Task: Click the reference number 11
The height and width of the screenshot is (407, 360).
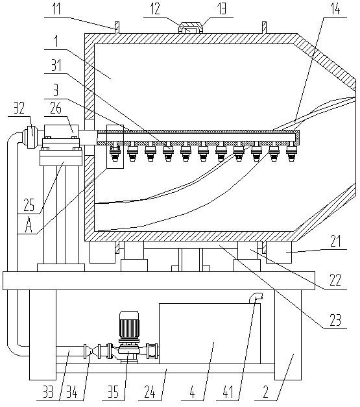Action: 56,8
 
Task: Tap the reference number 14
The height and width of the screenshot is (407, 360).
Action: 335,8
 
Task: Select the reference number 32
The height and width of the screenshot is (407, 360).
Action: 19,108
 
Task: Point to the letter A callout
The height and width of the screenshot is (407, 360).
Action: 29,225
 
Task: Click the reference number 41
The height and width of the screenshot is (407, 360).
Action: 228,392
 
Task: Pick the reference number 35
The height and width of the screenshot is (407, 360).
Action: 114,392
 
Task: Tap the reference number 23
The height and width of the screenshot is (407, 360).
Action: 335,321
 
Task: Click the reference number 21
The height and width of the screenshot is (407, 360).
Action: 335,241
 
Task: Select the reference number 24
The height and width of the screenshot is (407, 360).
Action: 150,392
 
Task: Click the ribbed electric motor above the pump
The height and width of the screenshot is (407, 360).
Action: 129,323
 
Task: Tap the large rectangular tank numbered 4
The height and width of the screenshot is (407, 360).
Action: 210,333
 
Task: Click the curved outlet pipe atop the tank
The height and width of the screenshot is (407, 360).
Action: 256,297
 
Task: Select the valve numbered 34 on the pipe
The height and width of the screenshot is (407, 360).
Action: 92,351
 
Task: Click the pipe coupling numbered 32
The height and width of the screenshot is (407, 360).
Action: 32,135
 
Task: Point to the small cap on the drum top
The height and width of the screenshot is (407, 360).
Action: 191,28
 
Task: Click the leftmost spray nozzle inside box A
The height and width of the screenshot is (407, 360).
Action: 115,152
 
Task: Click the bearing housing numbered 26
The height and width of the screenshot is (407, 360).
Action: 61,131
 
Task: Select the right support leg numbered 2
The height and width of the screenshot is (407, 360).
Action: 288,335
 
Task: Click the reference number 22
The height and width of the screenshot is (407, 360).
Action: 335,281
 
